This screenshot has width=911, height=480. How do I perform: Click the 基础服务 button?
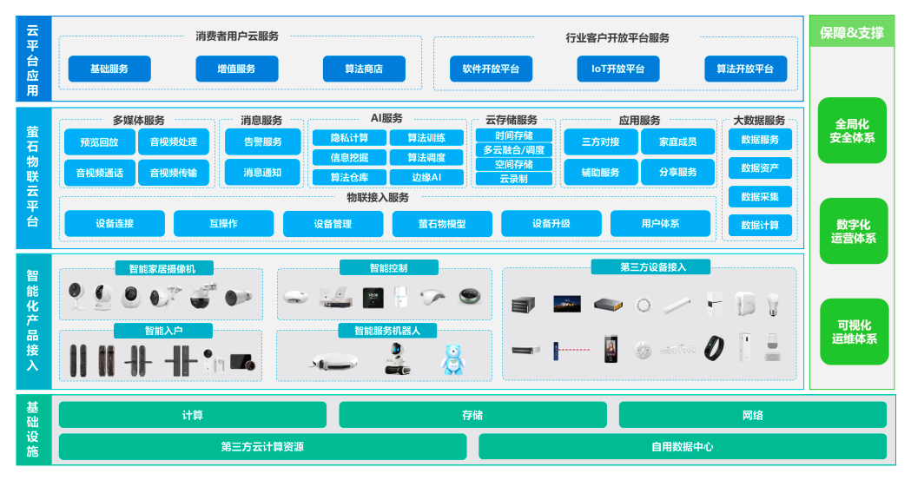pyautogui.click(x=109, y=69)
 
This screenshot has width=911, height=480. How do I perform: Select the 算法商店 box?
pyautogui.click(x=364, y=69)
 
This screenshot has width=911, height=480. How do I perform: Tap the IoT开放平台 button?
pyautogui.click(x=618, y=69)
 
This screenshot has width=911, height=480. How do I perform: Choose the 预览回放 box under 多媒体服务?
pyautogui.click(x=99, y=141)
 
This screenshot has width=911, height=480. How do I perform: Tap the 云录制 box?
pyautogui.click(x=514, y=179)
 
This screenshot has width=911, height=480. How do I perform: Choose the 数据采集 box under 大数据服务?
pyautogui.click(x=760, y=196)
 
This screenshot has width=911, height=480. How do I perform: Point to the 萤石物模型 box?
pyautogui.click(x=442, y=224)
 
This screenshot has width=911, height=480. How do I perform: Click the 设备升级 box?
pyautogui.click(x=551, y=224)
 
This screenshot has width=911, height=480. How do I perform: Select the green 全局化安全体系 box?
pyautogui.click(x=852, y=131)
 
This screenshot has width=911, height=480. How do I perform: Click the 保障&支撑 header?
pyautogui.click(x=852, y=33)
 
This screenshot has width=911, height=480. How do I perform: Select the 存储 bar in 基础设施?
pyautogui.click(x=472, y=415)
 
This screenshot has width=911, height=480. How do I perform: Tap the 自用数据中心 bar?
pyautogui.click(x=683, y=447)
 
